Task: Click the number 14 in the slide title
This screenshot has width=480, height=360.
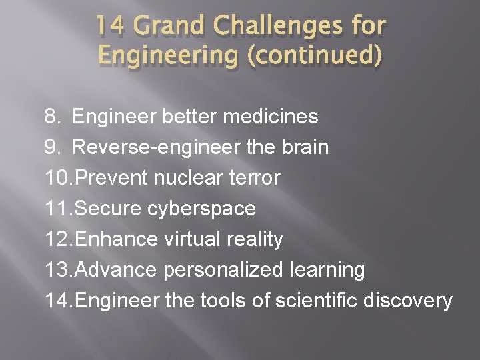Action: [x=109, y=27]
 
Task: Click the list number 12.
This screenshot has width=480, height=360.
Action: [x=58, y=239]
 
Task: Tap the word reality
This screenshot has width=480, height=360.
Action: [x=257, y=239]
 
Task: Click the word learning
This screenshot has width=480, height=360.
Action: [x=327, y=270]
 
